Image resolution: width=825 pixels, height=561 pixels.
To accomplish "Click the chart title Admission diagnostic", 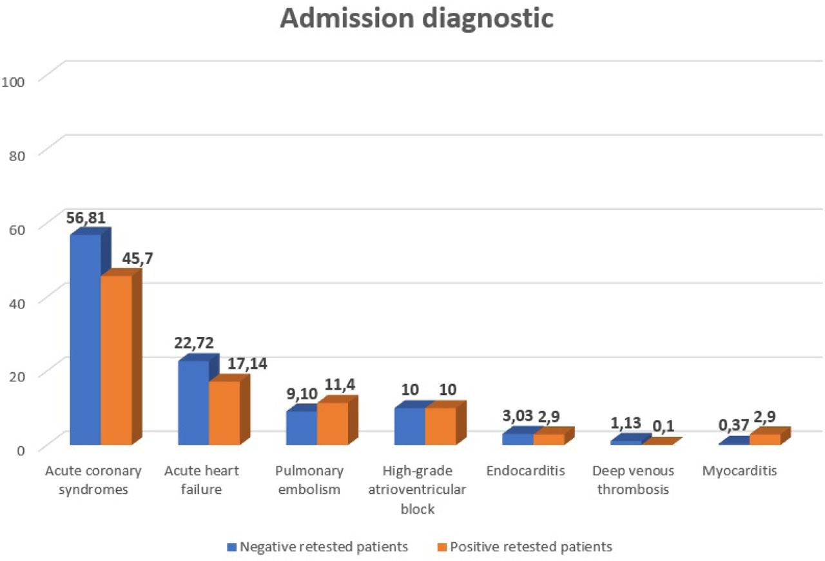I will (x=416, y=18).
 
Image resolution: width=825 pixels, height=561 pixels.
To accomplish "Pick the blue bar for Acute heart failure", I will (x=193, y=402).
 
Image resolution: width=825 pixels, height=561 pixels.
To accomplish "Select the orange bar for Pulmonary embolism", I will (x=333, y=423).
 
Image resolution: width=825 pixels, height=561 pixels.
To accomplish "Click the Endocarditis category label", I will (x=525, y=471).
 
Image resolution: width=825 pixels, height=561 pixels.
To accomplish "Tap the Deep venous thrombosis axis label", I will (x=633, y=480).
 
